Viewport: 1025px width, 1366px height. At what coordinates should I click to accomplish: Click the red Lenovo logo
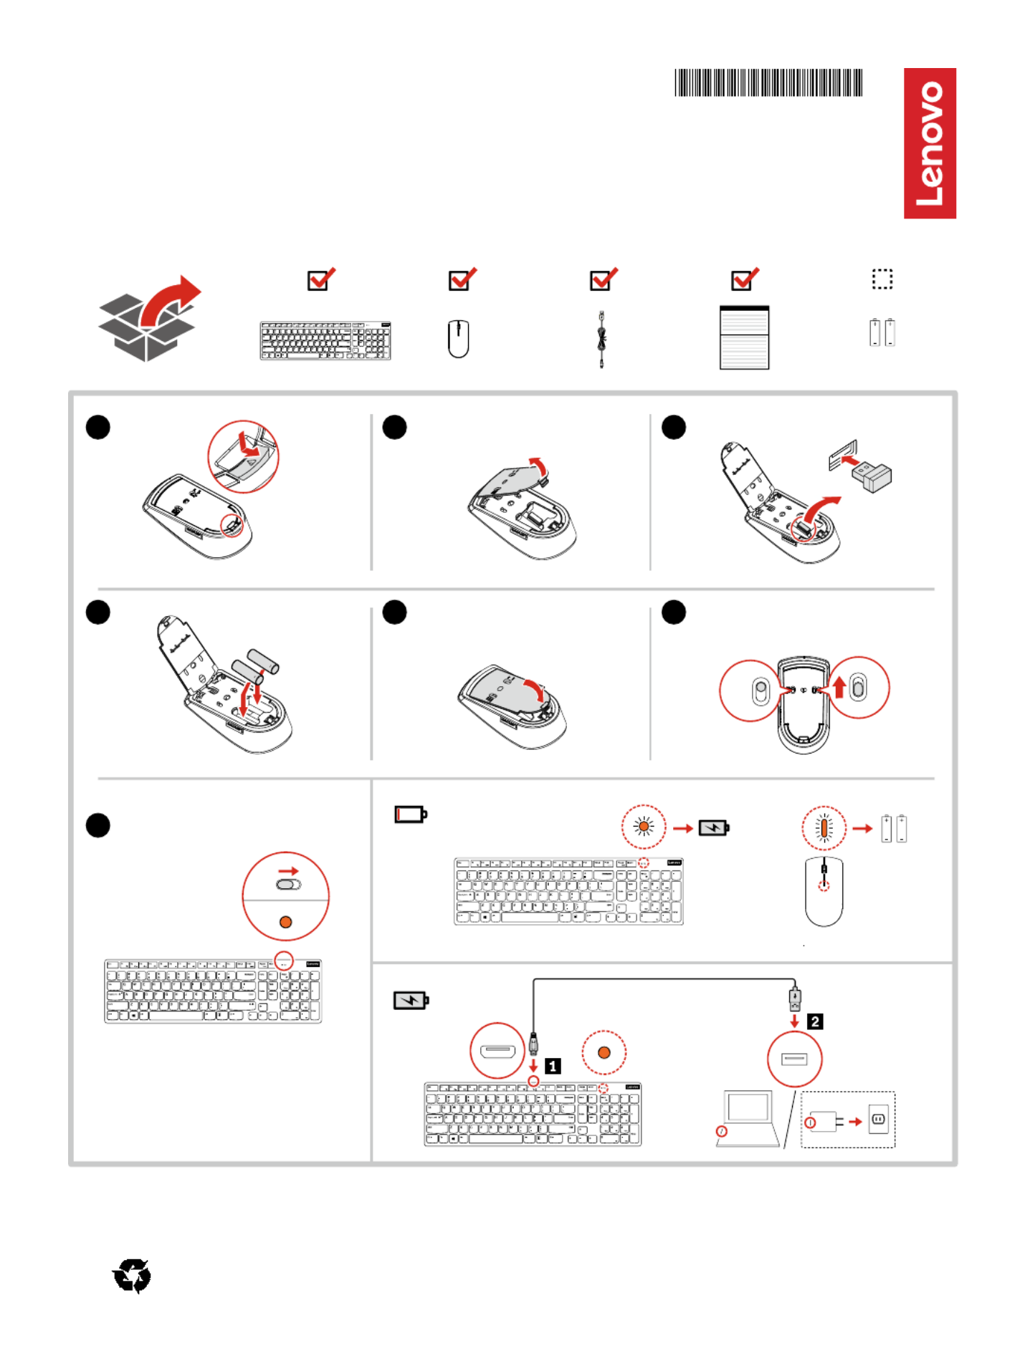pyautogui.click(x=929, y=143)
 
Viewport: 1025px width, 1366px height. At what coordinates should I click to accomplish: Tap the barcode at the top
pyautogui.click(x=768, y=83)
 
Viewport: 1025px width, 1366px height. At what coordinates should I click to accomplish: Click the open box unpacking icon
pyautogui.click(x=149, y=319)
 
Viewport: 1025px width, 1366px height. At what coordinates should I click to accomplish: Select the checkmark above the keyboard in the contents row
pyautogui.click(x=320, y=279)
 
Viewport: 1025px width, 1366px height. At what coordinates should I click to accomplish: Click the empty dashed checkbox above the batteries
pyautogui.click(x=882, y=279)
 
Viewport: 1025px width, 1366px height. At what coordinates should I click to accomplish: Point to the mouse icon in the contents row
pyautogui.click(x=458, y=339)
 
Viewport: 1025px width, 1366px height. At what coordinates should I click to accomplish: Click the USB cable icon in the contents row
pyautogui.click(x=601, y=339)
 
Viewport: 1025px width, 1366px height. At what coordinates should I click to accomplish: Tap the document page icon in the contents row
pyautogui.click(x=744, y=337)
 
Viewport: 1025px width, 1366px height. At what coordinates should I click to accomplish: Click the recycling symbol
pyautogui.click(x=132, y=1276)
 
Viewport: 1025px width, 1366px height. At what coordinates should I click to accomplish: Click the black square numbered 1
pyautogui.click(x=553, y=1066)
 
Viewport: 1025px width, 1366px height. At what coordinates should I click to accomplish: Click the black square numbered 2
pyautogui.click(x=815, y=1021)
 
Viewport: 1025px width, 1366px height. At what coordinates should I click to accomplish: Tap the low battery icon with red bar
pyautogui.click(x=411, y=814)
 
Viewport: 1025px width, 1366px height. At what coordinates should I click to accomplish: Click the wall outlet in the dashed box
pyautogui.click(x=878, y=1119)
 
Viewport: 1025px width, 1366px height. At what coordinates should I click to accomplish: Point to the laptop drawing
pyautogui.click(x=748, y=1118)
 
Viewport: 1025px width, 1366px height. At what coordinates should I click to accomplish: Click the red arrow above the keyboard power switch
pyautogui.click(x=288, y=871)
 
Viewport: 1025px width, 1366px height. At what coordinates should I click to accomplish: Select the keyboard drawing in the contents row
pyautogui.click(x=325, y=341)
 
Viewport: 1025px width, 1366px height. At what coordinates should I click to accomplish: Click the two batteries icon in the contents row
pyautogui.click(x=882, y=333)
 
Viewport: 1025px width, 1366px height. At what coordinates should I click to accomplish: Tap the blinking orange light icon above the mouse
pyautogui.click(x=824, y=828)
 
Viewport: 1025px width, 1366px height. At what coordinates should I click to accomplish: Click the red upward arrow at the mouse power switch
pyautogui.click(x=839, y=687)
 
